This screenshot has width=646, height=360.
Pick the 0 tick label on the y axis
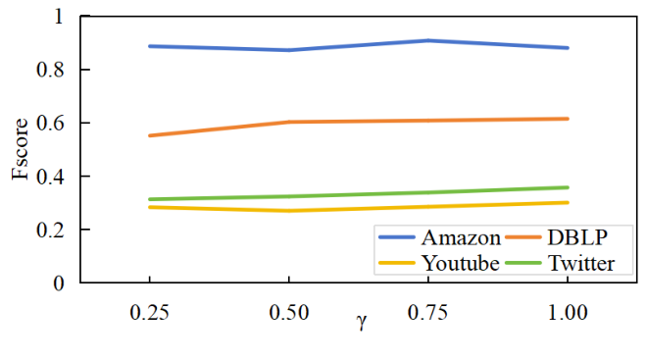[59, 283]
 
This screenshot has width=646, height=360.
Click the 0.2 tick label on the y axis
[52, 231]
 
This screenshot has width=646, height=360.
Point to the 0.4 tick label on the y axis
[52, 178]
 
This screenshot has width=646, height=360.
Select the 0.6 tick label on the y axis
[52, 124]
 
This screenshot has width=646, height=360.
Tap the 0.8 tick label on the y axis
[52, 71]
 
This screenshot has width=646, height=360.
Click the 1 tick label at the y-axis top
[59, 18]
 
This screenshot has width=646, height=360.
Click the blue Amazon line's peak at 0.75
[428, 40]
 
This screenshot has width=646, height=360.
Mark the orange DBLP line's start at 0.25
[149, 135]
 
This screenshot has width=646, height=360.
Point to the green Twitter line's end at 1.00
[569, 187]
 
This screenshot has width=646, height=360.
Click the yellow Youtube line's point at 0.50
[289, 211]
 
